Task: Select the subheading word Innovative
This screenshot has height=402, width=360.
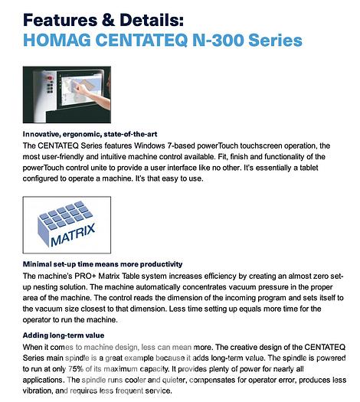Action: [x=44, y=134]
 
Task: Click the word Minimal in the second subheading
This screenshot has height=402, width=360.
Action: [x=39, y=263]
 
